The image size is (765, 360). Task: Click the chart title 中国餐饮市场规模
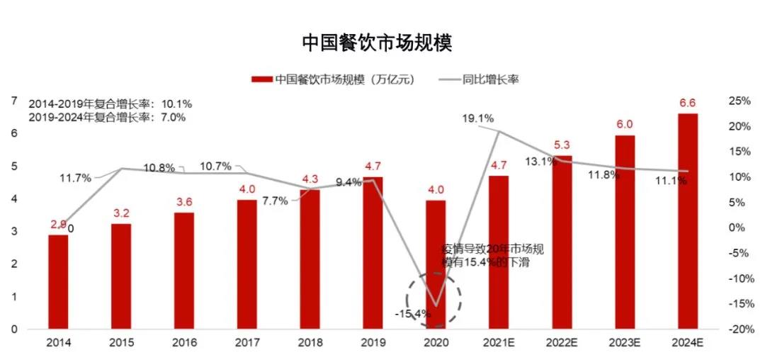(377, 43)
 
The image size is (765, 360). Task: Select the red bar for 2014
(58, 281)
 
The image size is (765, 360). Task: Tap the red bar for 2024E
(688, 221)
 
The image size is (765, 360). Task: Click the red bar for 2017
(247, 264)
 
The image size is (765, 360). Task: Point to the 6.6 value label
(687, 103)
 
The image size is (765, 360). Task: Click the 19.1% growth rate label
(478, 118)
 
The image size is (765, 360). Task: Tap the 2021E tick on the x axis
(499, 343)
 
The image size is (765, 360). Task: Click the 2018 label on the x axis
(310, 343)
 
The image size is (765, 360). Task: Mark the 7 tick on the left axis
(13, 101)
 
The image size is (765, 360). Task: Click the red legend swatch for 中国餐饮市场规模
(262, 79)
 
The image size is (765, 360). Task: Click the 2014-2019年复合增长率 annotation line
(110, 103)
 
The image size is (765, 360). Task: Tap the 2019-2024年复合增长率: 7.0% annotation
(107, 117)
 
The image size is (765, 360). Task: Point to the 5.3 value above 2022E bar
(561, 146)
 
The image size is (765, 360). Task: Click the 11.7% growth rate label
(76, 179)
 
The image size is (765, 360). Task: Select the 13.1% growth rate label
(538, 162)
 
